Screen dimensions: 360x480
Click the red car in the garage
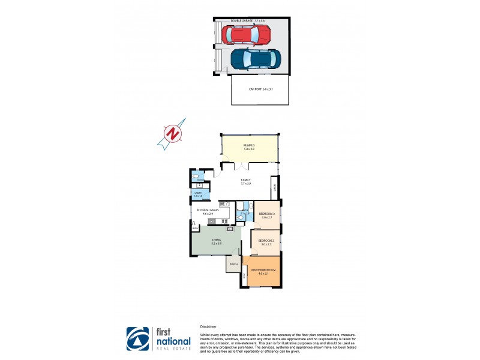[246, 35]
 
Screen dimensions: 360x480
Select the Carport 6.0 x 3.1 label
[260, 89]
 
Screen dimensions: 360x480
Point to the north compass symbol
[173, 133]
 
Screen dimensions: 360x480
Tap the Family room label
[246, 181]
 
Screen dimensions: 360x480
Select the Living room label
[216, 241]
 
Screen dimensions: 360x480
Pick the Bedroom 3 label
[266, 215]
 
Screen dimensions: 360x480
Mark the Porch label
[233, 264]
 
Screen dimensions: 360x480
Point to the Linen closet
[274, 185]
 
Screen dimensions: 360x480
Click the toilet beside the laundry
[197, 177]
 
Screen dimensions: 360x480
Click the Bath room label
[244, 211]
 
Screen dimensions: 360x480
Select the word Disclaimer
[211, 327]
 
